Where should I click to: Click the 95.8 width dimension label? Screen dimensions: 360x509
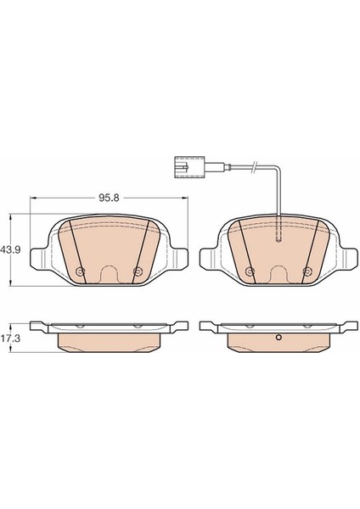(110, 198)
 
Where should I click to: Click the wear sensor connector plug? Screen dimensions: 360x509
(189, 167)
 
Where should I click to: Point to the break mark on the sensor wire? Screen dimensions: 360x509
(256, 167)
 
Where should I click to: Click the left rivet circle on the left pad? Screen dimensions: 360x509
(80, 271)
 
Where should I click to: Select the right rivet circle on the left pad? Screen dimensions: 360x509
(138, 271)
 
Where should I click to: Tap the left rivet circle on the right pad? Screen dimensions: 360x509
(250, 271)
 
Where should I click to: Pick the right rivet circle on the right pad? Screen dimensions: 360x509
(307, 271)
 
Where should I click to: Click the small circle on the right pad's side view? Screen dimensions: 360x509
(278, 338)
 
